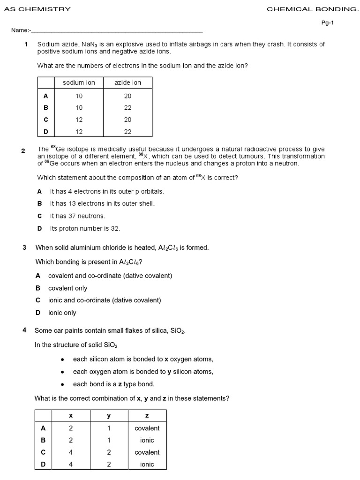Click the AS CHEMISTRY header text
click(x=37, y=9)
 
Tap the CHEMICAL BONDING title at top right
click(x=312, y=9)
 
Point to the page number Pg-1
click(x=327, y=22)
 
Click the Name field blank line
click(x=117, y=31)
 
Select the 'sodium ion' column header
click(x=79, y=82)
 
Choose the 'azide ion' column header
click(x=127, y=82)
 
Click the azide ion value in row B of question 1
click(x=127, y=107)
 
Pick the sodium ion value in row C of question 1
click(x=79, y=120)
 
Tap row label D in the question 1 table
click(x=46, y=132)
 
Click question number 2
click(x=23, y=150)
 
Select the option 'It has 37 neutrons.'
click(x=78, y=216)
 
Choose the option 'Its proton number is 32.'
click(x=85, y=228)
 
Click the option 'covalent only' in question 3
click(x=67, y=288)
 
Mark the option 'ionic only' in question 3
click(x=62, y=313)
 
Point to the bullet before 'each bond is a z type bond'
click(x=62, y=384)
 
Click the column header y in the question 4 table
click(x=109, y=416)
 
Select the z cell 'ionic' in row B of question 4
click(x=147, y=440)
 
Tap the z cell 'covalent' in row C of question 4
click(x=147, y=452)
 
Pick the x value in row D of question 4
click(x=71, y=465)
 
